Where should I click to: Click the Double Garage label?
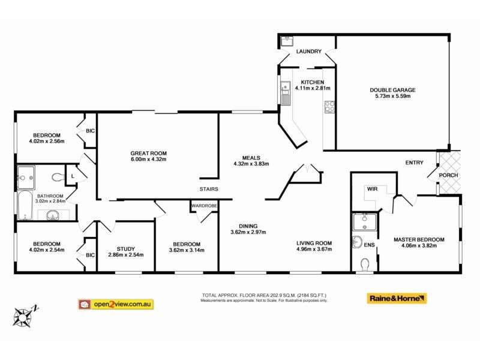point(392,90)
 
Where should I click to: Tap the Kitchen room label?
point(313,82)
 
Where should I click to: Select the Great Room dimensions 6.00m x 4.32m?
point(148,159)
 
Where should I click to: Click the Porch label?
point(448,175)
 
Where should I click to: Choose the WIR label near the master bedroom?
point(371,188)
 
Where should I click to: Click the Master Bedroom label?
point(419,239)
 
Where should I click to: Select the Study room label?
point(126,248)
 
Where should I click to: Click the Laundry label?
point(309,52)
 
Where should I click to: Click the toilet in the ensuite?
point(365,263)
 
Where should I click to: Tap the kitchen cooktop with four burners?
point(329,107)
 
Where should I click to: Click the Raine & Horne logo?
point(397,298)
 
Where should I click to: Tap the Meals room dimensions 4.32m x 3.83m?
point(251,163)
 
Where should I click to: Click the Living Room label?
point(314,243)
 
